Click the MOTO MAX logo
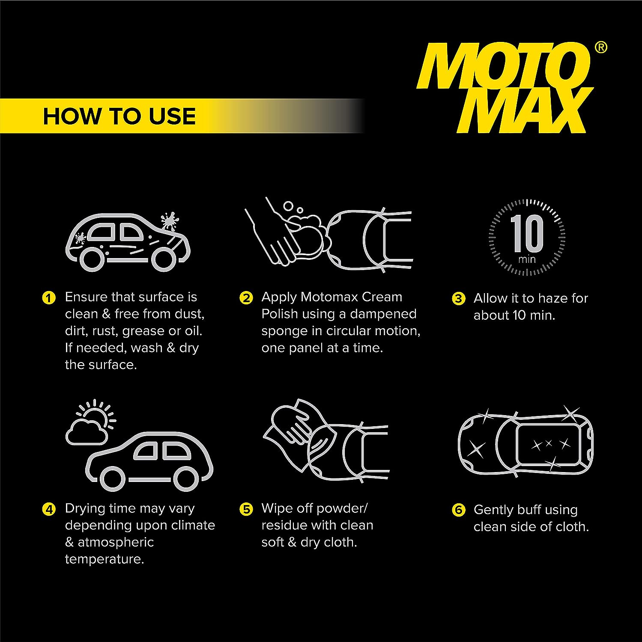point(505,88)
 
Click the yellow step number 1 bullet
point(49,297)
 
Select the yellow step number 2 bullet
point(246,297)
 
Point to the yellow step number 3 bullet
point(458,298)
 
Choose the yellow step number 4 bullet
point(49,509)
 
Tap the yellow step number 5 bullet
point(246,509)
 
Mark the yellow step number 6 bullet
point(458,510)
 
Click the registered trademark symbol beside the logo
point(601,48)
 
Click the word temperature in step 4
point(104,559)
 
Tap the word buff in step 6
point(529,510)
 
